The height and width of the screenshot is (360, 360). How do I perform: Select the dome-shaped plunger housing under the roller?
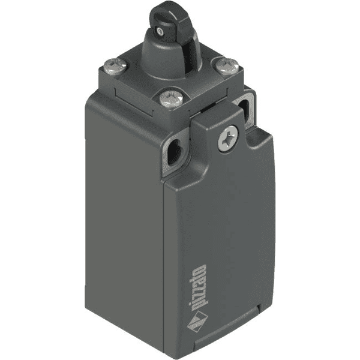[166, 57]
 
